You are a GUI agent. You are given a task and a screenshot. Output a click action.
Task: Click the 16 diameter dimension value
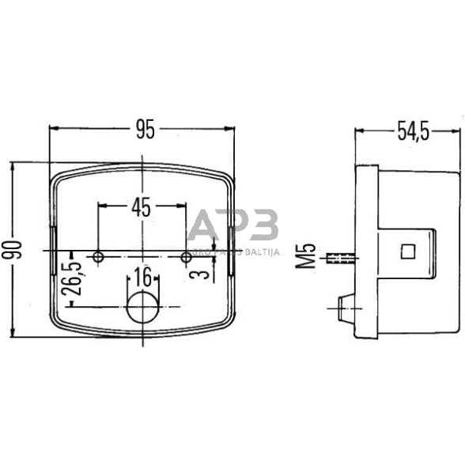(x=142, y=277)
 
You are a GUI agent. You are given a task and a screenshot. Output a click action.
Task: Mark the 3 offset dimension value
(x=203, y=274)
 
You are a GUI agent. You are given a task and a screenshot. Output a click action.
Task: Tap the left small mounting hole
(x=98, y=257)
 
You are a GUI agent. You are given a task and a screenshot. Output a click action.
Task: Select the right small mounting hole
(x=187, y=257)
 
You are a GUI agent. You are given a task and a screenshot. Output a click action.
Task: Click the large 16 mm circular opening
(x=142, y=306)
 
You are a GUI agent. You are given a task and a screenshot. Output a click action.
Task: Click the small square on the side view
(x=408, y=251)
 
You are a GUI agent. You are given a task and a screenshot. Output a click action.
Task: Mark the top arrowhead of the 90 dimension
(x=14, y=164)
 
